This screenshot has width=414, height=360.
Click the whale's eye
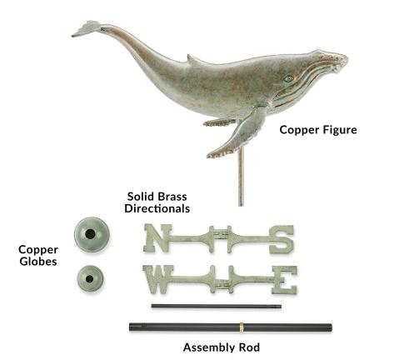(289, 78)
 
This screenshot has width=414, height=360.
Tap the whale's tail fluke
(86, 28)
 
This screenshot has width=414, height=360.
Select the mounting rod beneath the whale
(241, 177)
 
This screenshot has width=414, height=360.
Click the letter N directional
(157, 238)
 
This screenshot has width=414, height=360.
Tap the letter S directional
(282, 239)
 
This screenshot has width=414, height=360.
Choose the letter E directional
(284, 280)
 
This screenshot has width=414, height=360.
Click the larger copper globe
(92, 235)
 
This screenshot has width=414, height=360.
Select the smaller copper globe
(90, 278)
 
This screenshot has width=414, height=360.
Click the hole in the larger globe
(90, 234)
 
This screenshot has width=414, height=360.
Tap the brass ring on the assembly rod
(242, 327)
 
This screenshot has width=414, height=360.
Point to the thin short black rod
(217, 306)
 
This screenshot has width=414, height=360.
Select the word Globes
(38, 262)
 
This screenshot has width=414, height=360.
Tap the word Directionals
(157, 208)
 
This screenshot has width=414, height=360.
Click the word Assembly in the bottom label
(207, 347)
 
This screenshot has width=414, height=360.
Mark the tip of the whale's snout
(347, 60)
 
